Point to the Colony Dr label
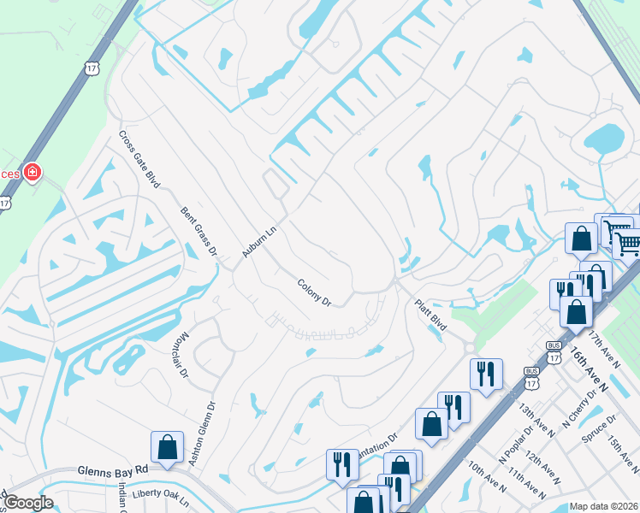point(314,292)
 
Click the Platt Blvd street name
point(431,314)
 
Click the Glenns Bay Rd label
point(112,470)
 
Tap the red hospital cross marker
point(33,174)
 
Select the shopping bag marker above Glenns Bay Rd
point(167,447)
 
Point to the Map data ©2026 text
point(603,506)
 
